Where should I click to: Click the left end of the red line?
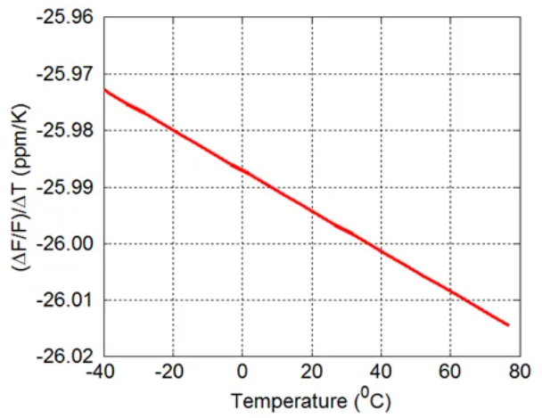coord(104,89)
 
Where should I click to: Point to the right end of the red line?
coord(508,324)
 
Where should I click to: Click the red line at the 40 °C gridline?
coord(382,250)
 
